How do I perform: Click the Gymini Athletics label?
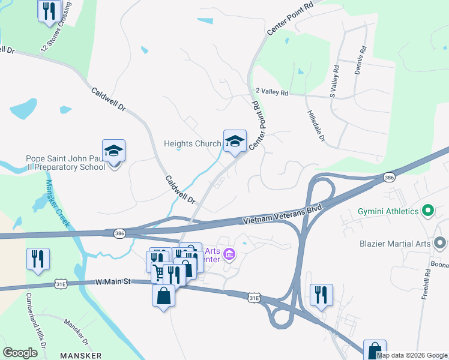pyautogui.click(x=388, y=212)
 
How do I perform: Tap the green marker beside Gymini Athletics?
pyautogui.click(x=428, y=211)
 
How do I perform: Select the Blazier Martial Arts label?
pyautogui.click(x=396, y=244)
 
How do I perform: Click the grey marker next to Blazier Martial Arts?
pyautogui.click(x=441, y=244)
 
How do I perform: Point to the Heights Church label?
pyautogui.click(x=193, y=144)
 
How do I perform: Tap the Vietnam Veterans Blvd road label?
pyautogui.click(x=283, y=216)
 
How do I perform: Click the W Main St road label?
pyautogui.click(x=113, y=281)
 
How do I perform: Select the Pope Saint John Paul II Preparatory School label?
pyautogui.click(x=65, y=163)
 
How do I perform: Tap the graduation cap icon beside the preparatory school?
pyautogui.click(x=113, y=151)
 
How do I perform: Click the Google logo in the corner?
pyautogui.click(x=20, y=353)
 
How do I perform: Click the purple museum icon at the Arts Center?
pyautogui.click(x=229, y=255)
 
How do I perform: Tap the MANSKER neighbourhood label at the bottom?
pyautogui.click(x=81, y=356)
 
